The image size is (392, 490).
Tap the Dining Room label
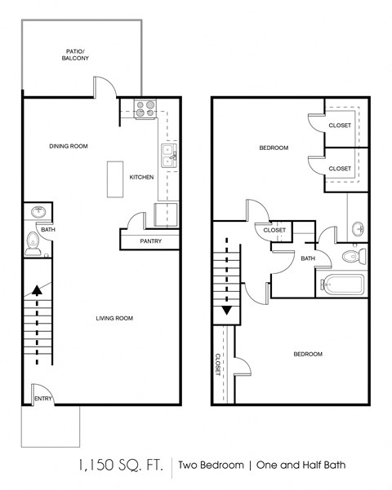coord(67,146)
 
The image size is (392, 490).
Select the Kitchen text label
coord(141,177)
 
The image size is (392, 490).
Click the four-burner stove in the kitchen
coord(145,108)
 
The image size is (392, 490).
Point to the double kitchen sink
coord(169,156)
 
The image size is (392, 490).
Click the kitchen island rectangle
coord(113,179)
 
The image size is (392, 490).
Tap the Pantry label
coord(151,241)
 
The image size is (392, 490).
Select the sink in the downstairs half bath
coord(38,213)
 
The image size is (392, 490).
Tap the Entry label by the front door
coord(42,399)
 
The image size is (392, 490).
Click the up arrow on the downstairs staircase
coord(37,290)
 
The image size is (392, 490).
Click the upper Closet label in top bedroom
coord(340,125)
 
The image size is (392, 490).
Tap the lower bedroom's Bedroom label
coord(307,354)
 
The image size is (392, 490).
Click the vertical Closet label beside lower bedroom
coord(219,364)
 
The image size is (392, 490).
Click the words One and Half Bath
coord(300,466)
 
